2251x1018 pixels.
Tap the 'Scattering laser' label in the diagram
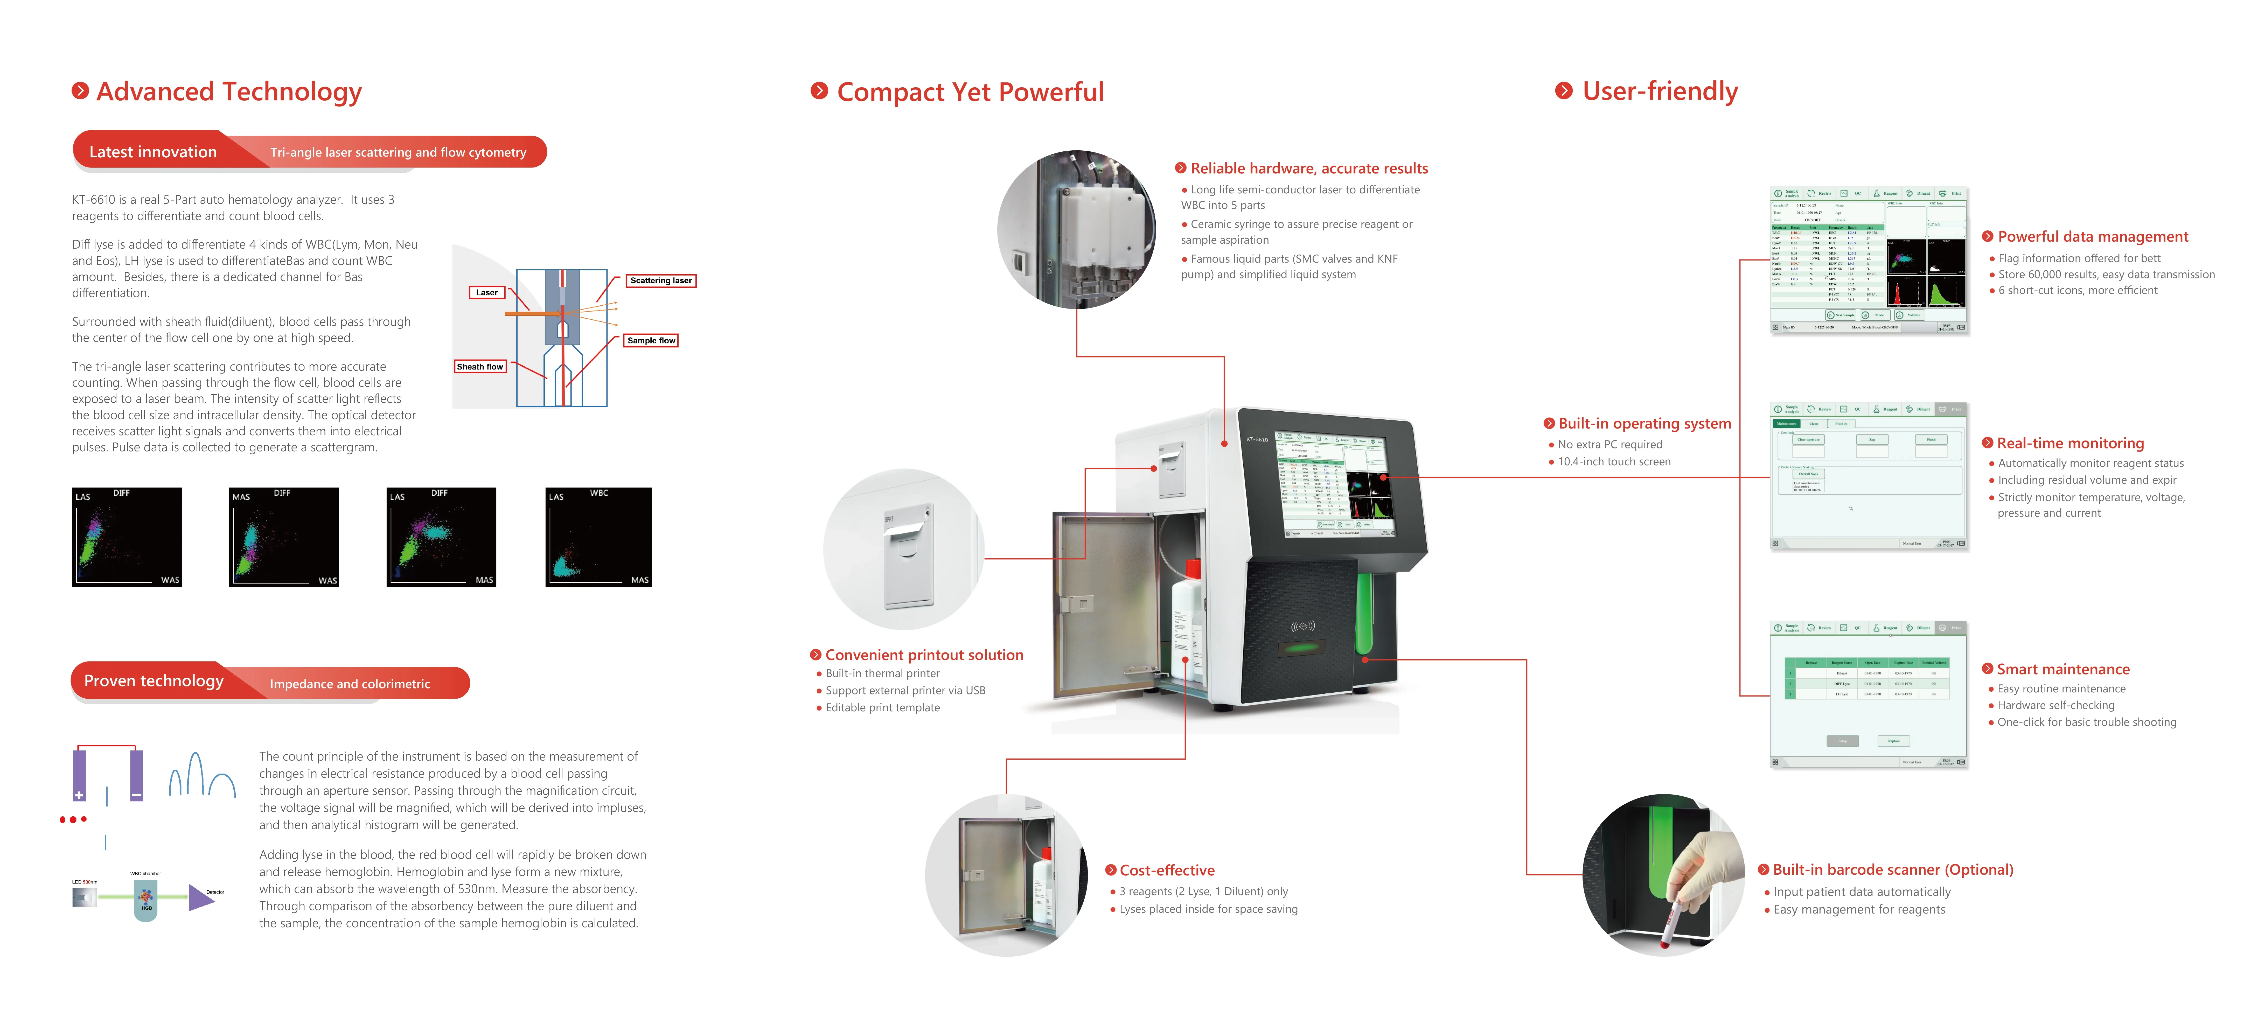(661, 280)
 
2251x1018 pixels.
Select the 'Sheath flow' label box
(480, 367)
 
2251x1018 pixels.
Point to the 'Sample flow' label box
(651, 341)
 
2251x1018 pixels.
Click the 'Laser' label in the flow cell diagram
(487, 293)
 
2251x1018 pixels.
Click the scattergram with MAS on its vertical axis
(283, 537)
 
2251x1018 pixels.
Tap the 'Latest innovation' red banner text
(153, 152)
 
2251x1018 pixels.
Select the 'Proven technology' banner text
(154, 681)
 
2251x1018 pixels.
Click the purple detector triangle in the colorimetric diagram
(200, 897)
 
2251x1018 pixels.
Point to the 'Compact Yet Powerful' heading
(970, 92)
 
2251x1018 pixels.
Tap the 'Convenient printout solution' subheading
(924, 655)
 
